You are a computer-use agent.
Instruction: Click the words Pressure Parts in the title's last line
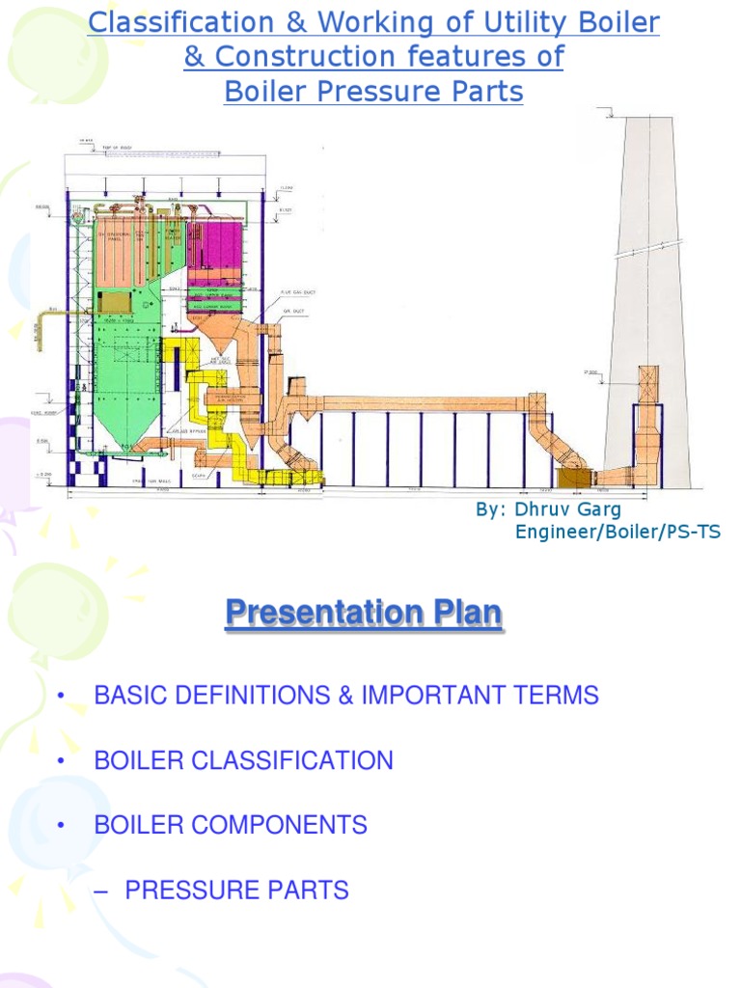tap(421, 92)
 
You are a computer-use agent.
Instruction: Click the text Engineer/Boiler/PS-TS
tap(617, 532)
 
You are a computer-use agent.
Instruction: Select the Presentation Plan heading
tap(364, 613)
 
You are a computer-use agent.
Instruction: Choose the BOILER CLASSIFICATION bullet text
tap(243, 760)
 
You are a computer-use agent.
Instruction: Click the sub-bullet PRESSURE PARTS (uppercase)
tap(236, 890)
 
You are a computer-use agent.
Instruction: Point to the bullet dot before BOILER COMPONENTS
tap(61, 826)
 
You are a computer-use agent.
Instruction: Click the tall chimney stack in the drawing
tap(646, 289)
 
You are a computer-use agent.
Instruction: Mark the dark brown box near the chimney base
tap(574, 478)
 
